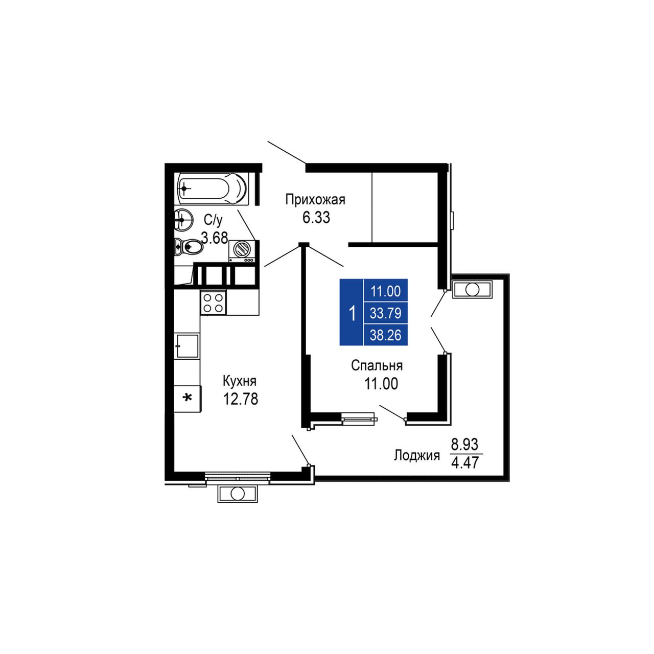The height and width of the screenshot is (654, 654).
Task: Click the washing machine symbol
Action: click(242, 251)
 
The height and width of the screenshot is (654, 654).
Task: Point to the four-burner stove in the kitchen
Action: click(213, 303)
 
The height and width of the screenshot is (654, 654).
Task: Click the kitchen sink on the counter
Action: click(186, 346)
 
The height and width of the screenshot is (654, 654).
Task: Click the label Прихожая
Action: click(315, 200)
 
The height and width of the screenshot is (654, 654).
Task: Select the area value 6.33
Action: click(316, 218)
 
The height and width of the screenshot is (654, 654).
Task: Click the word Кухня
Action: click(240, 382)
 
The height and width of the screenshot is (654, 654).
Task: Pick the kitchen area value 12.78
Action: click(240, 399)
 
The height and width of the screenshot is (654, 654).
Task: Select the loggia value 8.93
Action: click(464, 444)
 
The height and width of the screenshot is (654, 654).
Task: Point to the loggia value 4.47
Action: click(464, 463)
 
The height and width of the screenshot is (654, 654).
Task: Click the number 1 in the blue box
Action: click(352, 313)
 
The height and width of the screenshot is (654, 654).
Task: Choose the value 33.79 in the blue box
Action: click(386, 313)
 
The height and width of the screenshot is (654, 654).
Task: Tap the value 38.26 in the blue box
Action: click(386, 335)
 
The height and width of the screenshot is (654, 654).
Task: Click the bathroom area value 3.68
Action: click(214, 238)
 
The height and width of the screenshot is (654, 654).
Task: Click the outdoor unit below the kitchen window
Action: click(238, 494)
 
